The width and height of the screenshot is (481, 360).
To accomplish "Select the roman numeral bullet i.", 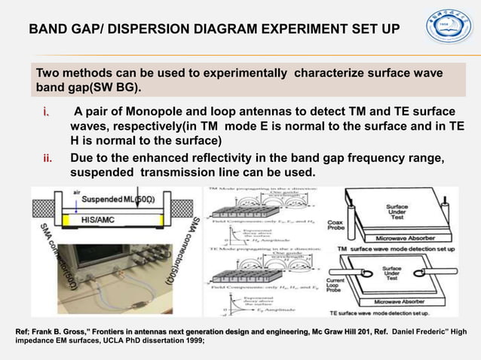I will click(46, 113).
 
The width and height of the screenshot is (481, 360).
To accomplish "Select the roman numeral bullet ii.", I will click(47, 158).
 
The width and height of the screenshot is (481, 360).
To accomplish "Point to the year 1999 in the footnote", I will click(190, 340).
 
